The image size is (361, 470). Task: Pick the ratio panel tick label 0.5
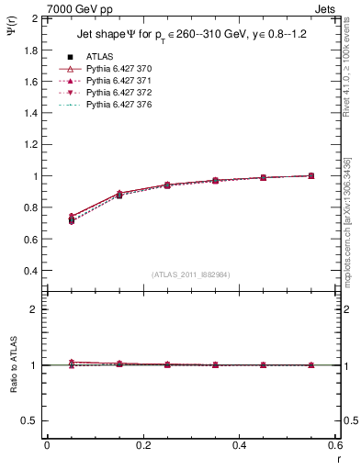(30, 420)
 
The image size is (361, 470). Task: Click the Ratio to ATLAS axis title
(14, 364)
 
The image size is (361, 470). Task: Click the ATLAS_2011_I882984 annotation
(192, 274)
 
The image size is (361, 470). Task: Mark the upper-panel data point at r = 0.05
(71, 219)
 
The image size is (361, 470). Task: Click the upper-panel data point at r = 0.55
(311, 175)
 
